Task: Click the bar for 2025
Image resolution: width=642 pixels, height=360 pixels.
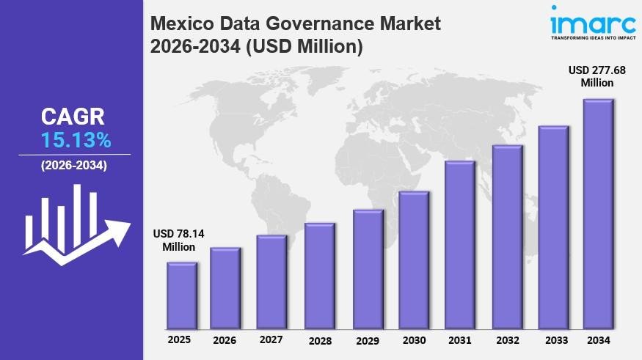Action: pos(181,295)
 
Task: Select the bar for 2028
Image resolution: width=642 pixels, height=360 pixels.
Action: pos(320,276)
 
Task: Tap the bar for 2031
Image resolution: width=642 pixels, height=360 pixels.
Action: pos(460,245)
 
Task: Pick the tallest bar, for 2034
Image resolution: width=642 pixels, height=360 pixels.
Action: pos(598,214)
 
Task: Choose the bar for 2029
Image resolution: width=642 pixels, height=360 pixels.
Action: pos(368,269)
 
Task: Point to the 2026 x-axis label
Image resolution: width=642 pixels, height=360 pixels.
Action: pos(225,340)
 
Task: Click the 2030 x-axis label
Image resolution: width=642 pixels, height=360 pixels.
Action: pos(415,340)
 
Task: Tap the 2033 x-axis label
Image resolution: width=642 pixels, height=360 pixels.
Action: pos(555,340)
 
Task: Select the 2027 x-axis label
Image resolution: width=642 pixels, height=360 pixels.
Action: pos(271,339)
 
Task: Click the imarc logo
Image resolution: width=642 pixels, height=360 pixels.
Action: pos(584,20)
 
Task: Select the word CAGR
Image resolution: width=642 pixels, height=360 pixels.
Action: pos(73,117)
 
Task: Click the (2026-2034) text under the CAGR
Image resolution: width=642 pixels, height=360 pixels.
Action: pos(73,166)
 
